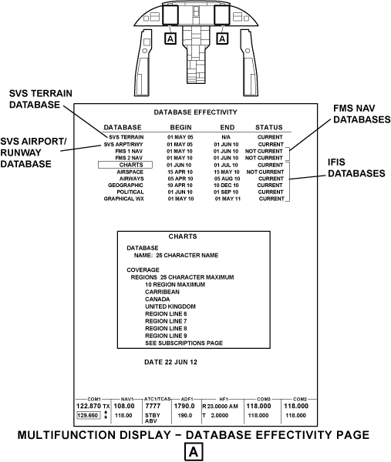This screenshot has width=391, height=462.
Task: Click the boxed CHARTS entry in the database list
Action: [125, 165]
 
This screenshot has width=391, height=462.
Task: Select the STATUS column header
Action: [269, 128]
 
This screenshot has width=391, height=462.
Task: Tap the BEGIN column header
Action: [181, 128]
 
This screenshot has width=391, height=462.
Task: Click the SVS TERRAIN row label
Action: [126, 137]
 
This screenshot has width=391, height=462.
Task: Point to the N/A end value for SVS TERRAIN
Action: [226, 137]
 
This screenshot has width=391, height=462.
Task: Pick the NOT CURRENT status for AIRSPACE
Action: [265, 172]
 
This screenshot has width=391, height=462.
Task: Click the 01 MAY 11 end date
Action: [228, 199]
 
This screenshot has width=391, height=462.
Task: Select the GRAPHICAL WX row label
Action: [123, 199]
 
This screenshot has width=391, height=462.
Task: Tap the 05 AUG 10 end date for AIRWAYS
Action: [227, 179]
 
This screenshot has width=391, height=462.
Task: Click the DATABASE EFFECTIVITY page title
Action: [195, 112]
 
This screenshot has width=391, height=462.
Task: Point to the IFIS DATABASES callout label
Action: [356, 168]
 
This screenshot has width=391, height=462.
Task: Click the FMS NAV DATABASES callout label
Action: [362, 114]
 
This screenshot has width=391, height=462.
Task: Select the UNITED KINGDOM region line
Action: [170, 306]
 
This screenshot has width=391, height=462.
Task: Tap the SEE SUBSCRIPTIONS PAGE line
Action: [184, 343]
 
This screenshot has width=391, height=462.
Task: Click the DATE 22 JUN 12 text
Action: [170, 362]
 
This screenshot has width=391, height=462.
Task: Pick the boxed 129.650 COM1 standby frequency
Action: [88, 416]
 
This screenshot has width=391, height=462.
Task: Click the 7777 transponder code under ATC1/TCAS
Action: [153, 407]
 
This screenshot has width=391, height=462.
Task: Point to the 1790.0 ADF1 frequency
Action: [184, 407]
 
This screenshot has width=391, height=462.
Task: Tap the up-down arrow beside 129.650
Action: [106, 416]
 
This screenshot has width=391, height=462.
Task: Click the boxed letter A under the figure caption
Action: [194, 452]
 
